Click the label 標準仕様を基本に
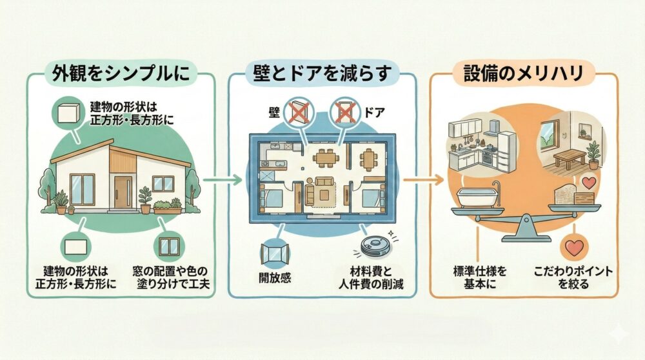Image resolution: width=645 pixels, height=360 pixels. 479,279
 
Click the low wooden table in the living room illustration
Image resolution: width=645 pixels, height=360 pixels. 568,155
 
